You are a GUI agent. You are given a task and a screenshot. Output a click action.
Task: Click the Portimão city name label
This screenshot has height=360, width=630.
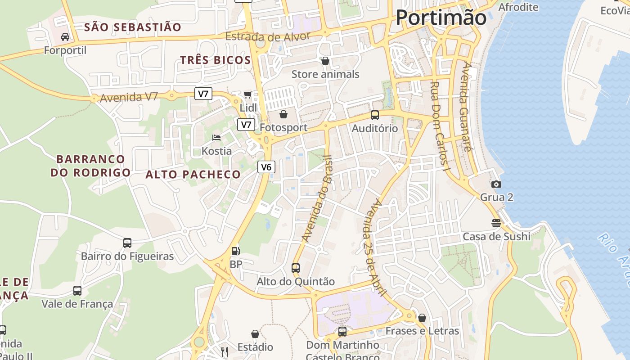(x=441, y=18)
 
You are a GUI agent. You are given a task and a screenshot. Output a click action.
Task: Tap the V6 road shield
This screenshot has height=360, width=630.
(x=266, y=167)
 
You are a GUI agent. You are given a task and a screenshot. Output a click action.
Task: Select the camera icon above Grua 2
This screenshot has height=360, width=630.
(x=496, y=184)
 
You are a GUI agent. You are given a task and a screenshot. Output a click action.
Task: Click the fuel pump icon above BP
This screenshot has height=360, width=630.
(x=235, y=251)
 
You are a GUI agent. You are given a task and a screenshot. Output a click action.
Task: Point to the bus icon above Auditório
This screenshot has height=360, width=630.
(x=374, y=115)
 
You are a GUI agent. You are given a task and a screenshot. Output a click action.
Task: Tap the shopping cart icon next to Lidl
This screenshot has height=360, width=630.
(x=247, y=94)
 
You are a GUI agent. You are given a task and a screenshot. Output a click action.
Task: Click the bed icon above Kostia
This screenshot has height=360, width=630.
(x=216, y=138)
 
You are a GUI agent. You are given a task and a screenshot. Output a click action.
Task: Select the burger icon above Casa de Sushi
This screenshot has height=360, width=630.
(x=496, y=223)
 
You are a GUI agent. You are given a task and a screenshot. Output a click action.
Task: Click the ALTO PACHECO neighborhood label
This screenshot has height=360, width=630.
(x=193, y=175)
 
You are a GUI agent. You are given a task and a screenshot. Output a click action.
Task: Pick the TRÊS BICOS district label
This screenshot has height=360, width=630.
(x=216, y=60)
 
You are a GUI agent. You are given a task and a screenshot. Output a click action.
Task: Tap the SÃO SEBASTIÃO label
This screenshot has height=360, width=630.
(x=133, y=27)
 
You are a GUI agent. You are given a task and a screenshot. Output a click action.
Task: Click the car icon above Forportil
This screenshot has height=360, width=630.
(x=65, y=37)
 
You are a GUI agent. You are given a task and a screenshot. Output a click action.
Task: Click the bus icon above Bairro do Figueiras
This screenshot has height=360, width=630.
(x=127, y=243)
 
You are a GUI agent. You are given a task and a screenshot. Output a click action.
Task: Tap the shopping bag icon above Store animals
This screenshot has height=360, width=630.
(x=325, y=61)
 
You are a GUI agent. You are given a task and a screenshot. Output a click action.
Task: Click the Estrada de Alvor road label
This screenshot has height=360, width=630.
(x=268, y=36)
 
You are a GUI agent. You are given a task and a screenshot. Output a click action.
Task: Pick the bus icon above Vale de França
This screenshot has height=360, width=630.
(x=77, y=291)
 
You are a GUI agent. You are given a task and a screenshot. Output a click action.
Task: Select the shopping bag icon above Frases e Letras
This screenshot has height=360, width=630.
(x=422, y=318)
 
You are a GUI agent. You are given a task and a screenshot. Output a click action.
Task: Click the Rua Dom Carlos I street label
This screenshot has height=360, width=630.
(x=440, y=127)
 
